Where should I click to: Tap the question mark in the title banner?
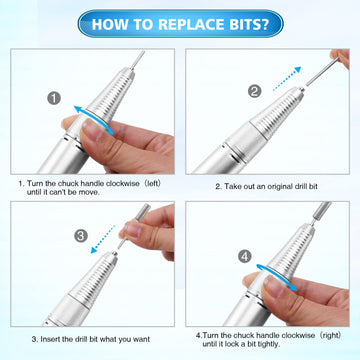click(x=264, y=24)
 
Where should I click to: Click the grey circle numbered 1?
click(x=54, y=98)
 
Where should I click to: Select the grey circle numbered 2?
click(x=254, y=91)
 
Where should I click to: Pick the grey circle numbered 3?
click(x=81, y=236)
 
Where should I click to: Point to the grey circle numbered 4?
click(x=245, y=257)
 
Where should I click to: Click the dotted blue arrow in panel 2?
click(x=287, y=79)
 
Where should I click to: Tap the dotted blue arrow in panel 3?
click(x=103, y=239)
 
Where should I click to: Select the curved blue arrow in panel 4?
click(x=276, y=277)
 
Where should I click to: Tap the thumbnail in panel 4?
click(x=274, y=287)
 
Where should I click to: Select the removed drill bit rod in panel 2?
click(x=322, y=71)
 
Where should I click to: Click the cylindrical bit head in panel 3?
click(x=142, y=211)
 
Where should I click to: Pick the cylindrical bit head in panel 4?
click(x=322, y=209)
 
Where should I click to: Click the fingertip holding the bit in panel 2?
click(x=340, y=58)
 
